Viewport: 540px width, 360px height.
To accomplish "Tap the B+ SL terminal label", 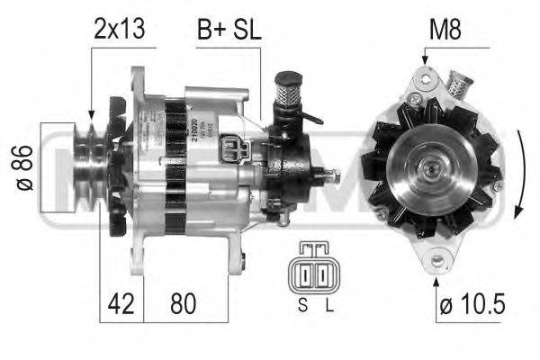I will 229,30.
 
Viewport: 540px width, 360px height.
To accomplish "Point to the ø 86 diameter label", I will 26,166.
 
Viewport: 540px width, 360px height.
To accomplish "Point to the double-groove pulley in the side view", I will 89,167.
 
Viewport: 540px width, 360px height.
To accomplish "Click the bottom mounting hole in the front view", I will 438,261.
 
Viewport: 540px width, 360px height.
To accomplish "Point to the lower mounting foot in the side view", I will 236,262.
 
